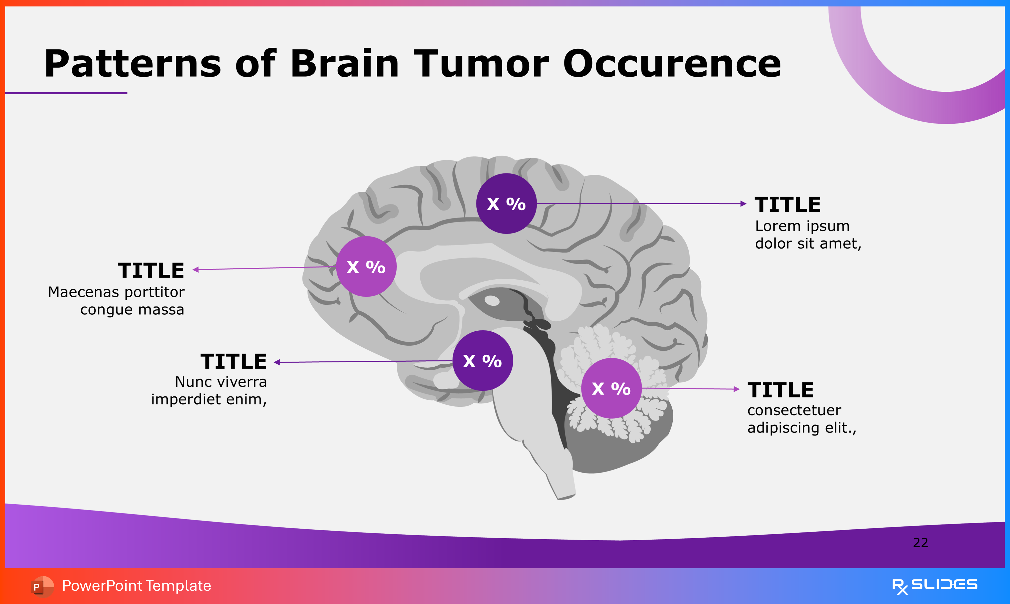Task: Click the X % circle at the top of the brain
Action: (x=506, y=204)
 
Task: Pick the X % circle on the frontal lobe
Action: (x=366, y=267)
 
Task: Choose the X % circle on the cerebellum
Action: (x=611, y=388)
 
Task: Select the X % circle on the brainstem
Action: (x=483, y=361)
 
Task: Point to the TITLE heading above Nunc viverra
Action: (x=233, y=361)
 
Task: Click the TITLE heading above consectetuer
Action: (x=780, y=390)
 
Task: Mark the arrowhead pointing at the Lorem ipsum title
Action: (x=743, y=204)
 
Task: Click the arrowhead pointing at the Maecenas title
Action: (x=196, y=269)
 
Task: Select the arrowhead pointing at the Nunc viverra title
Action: (x=277, y=362)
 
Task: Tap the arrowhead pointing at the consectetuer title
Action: (x=736, y=389)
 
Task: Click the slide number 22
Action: (x=920, y=543)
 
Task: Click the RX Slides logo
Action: (x=934, y=586)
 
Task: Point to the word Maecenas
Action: (x=84, y=292)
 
